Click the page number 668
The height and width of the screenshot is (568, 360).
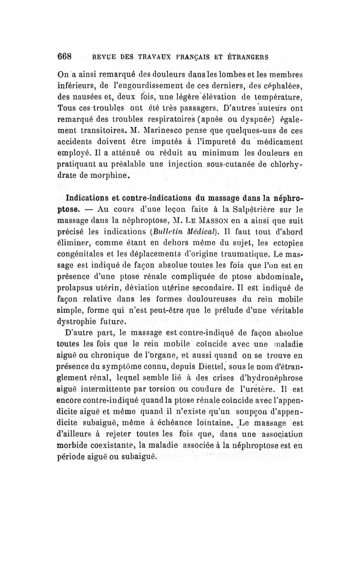[71, 57]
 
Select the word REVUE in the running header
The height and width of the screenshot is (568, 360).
[105, 58]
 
